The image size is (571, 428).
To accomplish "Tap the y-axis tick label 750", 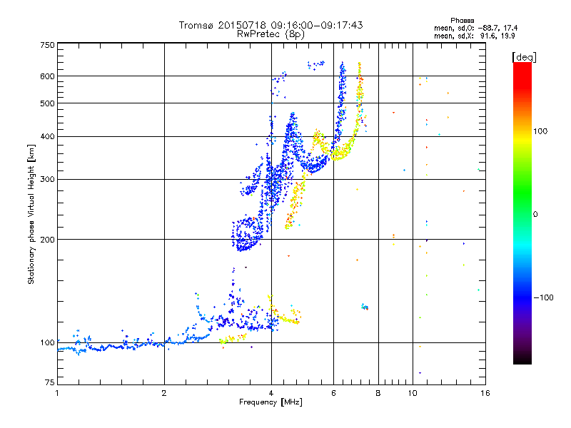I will pos(47,45).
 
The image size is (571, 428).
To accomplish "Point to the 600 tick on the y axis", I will pos(47,76).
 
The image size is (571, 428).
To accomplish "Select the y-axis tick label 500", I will pos(47,103).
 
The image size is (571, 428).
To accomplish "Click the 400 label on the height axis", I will pos(47,137).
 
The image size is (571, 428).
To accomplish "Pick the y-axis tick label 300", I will pos(47,180).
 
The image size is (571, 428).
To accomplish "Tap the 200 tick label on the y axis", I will pos(47,240).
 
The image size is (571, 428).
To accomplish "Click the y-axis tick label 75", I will pos(49,385).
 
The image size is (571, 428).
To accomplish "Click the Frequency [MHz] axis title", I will pos(270,402).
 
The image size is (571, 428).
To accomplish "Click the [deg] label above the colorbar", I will pos(523,56).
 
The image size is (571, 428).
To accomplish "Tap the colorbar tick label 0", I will pos(535,214).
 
